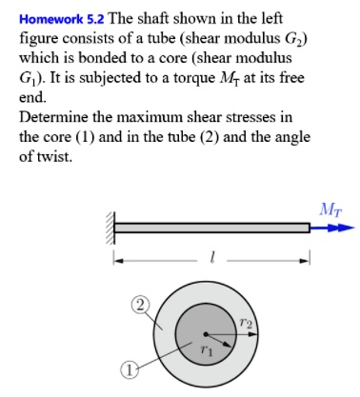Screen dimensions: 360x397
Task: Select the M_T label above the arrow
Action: point(330,207)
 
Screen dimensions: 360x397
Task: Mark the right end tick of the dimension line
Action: point(310,257)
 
